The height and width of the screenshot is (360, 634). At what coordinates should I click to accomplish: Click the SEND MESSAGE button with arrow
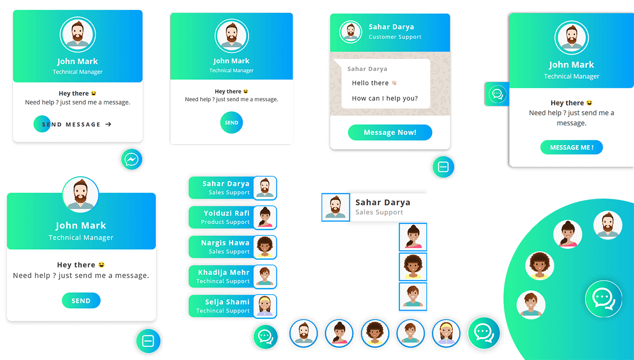[73, 124]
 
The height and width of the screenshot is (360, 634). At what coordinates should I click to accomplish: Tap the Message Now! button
[390, 132]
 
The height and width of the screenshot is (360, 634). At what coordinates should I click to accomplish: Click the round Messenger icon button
[132, 159]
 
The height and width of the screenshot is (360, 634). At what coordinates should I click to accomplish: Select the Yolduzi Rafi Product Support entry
[233, 218]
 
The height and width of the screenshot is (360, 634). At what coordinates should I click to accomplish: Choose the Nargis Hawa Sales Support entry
[233, 247]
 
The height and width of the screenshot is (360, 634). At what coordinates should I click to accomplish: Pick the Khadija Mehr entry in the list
[233, 277]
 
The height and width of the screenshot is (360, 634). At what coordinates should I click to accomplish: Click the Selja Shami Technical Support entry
[233, 307]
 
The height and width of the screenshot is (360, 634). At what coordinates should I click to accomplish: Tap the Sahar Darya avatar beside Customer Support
[350, 32]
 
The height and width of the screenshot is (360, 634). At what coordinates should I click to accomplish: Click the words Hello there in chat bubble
[370, 83]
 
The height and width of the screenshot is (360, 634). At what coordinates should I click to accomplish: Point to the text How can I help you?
[384, 98]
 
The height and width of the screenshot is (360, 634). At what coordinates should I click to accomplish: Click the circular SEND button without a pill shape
[232, 122]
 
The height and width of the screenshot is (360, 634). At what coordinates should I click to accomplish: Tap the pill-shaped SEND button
[81, 301]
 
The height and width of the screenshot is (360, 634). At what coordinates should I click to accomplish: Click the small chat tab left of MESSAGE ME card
[497, 94]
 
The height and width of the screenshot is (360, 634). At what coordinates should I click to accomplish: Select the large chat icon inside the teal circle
[604, 299]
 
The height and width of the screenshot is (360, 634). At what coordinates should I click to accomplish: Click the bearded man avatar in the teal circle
[608, 225]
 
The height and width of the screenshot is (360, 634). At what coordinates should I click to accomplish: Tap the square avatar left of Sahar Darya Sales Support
[336, 207]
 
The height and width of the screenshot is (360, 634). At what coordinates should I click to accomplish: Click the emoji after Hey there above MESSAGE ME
[589, 103]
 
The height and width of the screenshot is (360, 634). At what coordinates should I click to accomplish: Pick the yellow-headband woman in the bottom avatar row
[446, 333]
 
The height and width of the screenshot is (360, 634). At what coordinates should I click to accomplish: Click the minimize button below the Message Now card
[443, 167]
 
